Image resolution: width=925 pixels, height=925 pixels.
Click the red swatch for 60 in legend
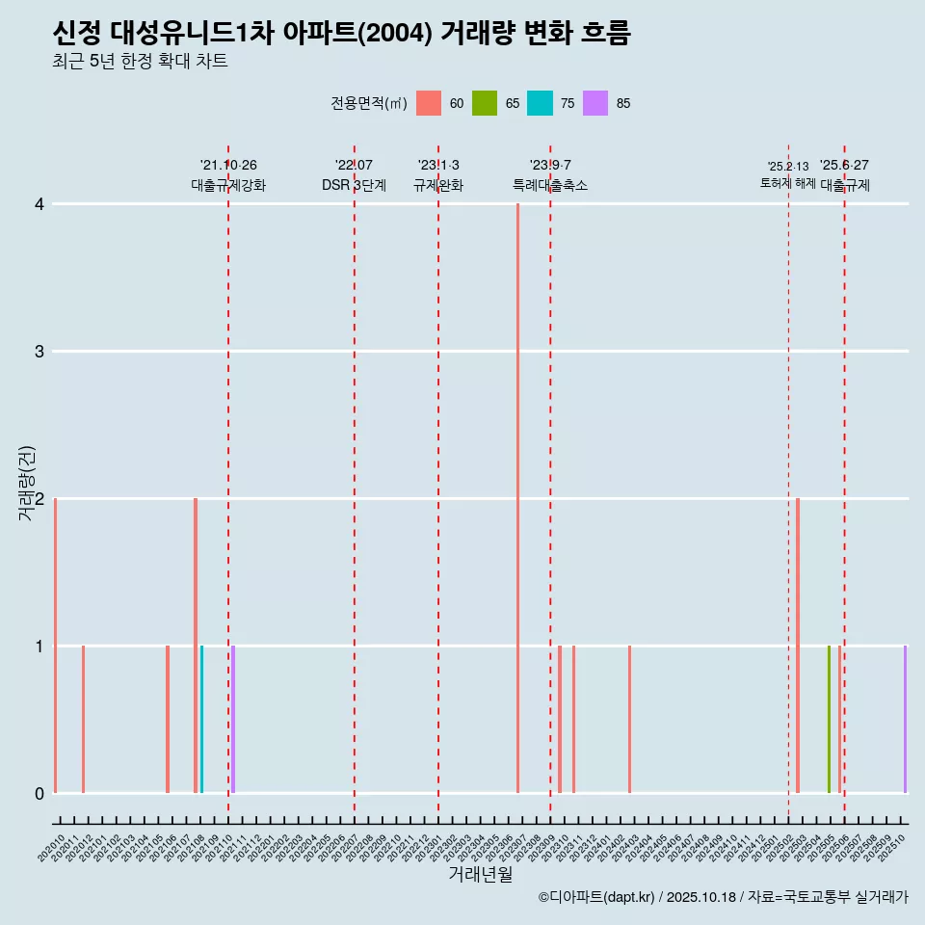click(429, 103)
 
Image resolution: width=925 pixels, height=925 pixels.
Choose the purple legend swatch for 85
click(595, 103)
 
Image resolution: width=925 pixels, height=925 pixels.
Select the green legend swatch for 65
click(485, 103)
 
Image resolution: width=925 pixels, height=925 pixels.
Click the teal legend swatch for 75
click(540, 103)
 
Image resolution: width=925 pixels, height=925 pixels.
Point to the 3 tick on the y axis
click(40, 352)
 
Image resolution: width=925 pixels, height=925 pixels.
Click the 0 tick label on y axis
click(40, 793)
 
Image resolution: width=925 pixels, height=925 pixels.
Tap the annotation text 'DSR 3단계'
click(354, 185)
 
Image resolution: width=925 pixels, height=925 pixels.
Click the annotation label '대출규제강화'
click(228, 185)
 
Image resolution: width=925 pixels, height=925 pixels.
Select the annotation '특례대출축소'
click(550, 185)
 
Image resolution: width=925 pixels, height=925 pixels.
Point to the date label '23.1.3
click(438, 165)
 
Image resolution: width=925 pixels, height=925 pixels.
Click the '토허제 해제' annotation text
click(788, 182)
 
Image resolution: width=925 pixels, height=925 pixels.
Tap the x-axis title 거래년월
click(480, 874)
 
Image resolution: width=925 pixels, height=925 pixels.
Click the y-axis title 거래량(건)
click(26, 483)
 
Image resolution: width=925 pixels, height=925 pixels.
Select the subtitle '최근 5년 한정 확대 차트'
click(140, 62)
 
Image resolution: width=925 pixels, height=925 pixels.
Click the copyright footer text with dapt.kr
click(723, 897)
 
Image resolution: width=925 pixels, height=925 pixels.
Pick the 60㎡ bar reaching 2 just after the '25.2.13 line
click(798, 646)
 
